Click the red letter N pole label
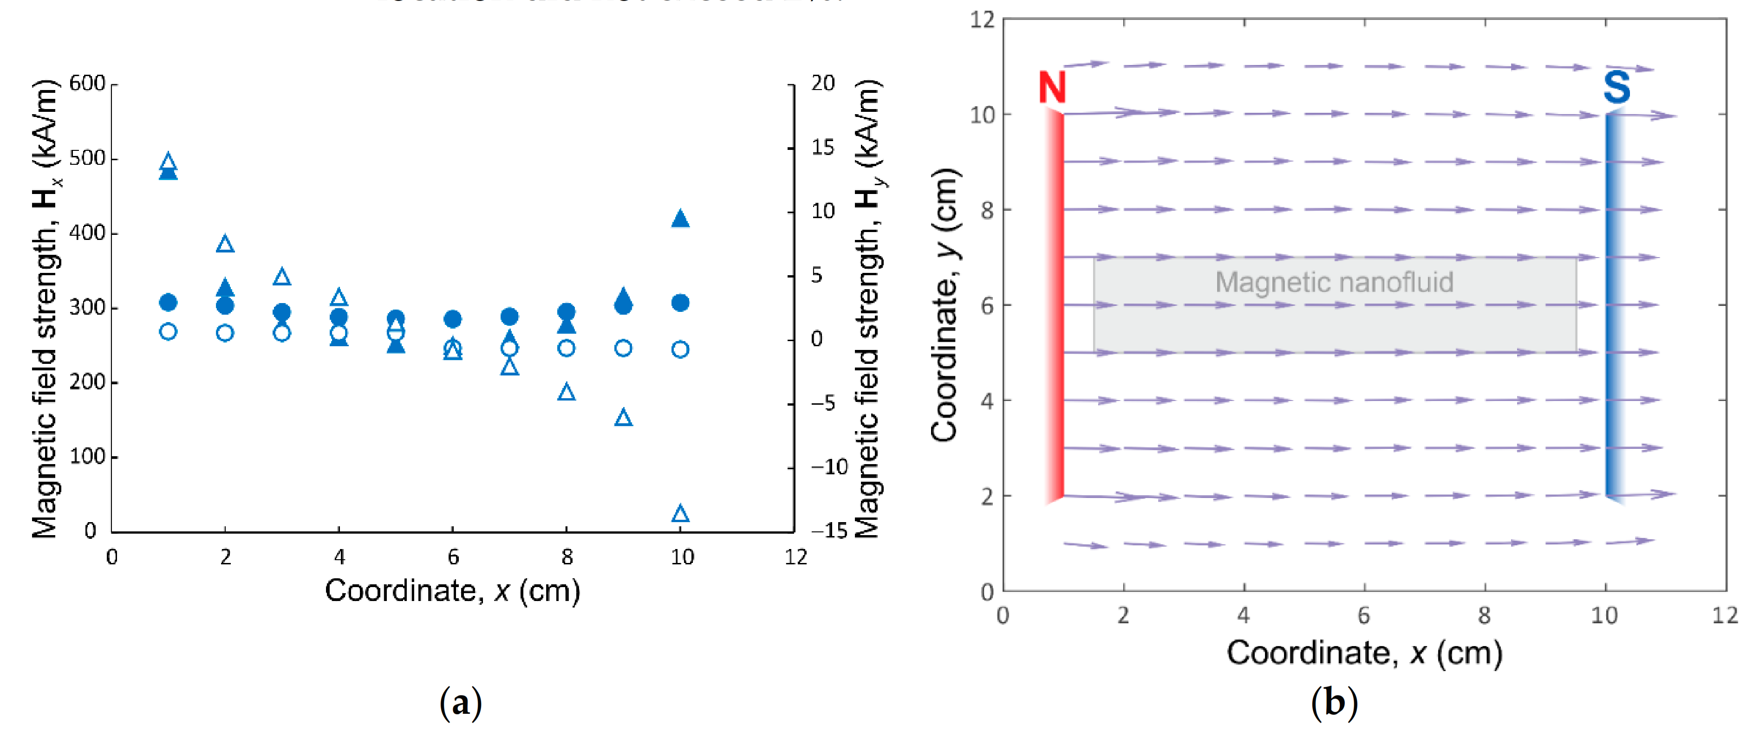click(x=1052, y=88)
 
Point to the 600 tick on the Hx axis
click(x=88, y=84)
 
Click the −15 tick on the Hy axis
click(x=829, y=530)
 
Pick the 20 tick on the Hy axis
click(x=823, y=84)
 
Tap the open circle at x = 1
click(x=168, y=332)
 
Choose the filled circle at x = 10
click(x=680, y=303)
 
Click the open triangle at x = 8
click(x=566, y=392)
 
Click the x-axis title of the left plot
click(x=453, y=591)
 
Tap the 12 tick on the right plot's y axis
click(x=982, y=19)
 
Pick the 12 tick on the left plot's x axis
click(x=795, y=557)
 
